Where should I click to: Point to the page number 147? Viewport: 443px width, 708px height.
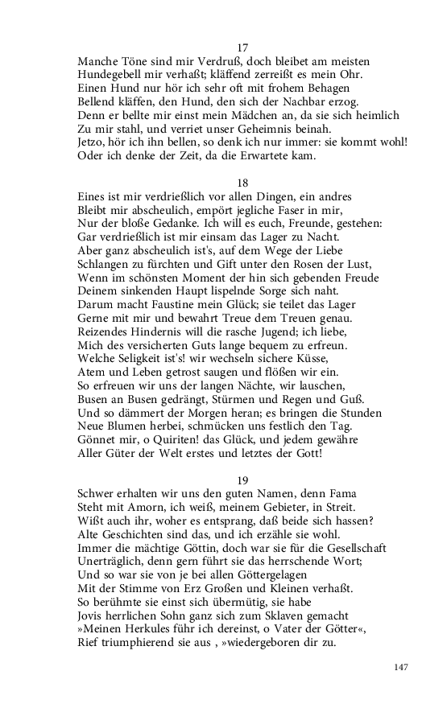tap(403, 667)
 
